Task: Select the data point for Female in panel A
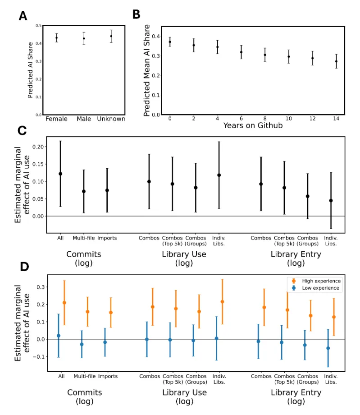coord(57,38)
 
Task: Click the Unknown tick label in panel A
coord(111,119)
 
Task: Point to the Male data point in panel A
coord(84,38)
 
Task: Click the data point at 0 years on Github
coord(170,42)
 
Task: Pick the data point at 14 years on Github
coord(336,61)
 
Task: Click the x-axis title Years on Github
coord(253,125)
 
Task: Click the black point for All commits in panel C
coord(60,174)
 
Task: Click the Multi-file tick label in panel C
coord(84,238)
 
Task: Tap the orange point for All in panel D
coord(64,303)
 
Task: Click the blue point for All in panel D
coord(59,336)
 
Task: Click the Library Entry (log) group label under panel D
coord(296,397)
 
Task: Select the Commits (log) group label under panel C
coord(83,258)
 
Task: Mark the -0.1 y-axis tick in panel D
coord(41,356)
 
